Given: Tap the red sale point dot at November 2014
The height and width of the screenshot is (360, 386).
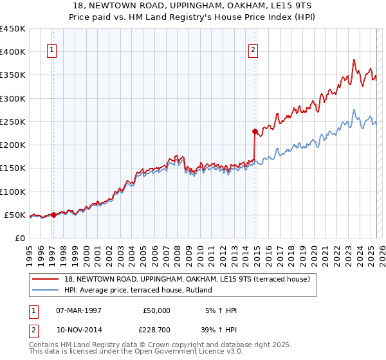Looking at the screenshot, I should tap(255, 132).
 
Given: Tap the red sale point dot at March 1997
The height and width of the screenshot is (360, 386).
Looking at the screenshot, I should tap(54, 215).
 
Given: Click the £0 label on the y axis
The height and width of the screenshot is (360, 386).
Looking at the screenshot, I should tap(20, 239).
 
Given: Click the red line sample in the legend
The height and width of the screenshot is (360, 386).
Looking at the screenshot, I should tap(46, 279).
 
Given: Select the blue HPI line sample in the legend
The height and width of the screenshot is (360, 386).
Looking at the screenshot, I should tap(46, 290).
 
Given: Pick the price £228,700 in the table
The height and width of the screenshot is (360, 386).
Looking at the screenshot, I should tap(154, 328).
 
